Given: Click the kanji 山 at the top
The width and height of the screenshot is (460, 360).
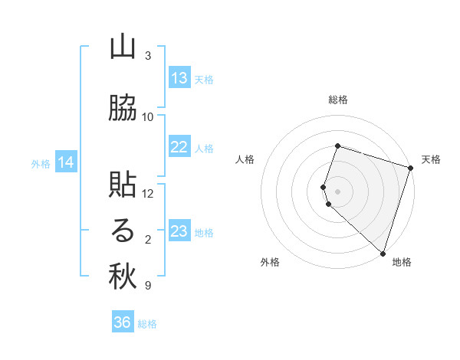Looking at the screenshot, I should click(123, 47).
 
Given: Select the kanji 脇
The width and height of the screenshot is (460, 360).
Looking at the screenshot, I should click(123, 109).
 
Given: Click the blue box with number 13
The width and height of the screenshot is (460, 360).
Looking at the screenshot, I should click(179, 79).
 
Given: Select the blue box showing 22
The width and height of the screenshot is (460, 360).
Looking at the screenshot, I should click(179, 148).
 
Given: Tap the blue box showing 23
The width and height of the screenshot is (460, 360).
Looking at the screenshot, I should click(179, 231).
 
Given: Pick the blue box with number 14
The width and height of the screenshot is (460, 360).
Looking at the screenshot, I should click(66, 162).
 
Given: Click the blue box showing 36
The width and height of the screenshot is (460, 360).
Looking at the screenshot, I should click(123, 323).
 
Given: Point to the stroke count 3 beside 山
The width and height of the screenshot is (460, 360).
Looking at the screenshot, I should click(148, 56).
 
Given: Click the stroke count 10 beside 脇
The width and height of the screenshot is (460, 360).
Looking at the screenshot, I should click(148, 117).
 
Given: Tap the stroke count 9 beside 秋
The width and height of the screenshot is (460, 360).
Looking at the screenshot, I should click(148, 286).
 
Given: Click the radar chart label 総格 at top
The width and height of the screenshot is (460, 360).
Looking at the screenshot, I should click(338, 100).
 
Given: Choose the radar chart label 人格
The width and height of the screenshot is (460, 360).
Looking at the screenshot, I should click(245, 159).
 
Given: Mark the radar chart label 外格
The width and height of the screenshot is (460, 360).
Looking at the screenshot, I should click(270, 262).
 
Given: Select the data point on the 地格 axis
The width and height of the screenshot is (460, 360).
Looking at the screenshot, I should click(383, 253).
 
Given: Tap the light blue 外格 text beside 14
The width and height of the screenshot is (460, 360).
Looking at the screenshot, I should click(41, 163).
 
